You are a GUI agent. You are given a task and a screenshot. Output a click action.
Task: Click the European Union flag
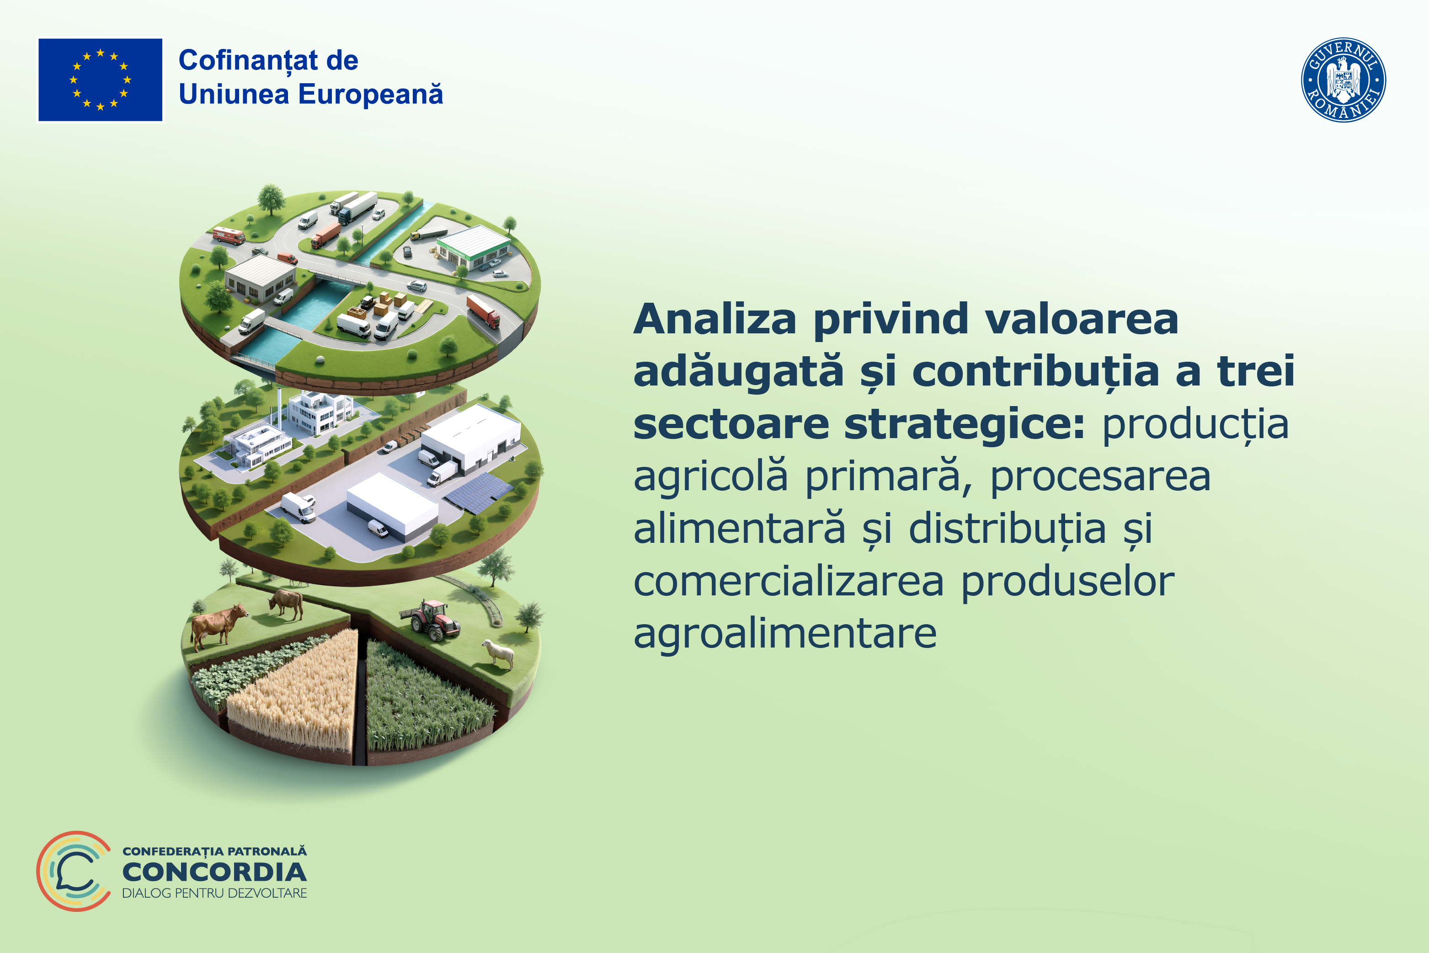point(100,80)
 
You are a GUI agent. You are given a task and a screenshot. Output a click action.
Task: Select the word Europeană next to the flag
point(371,94)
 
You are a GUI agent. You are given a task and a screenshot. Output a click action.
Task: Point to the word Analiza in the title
point(714,319)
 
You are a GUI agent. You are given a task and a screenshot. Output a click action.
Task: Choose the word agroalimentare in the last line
point(785,633)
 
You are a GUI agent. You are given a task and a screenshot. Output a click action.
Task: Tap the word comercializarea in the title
point(789,581)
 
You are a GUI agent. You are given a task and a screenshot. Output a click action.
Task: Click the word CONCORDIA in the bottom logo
point(214,872)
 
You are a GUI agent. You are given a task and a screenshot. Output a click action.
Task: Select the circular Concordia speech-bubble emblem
point(74,871)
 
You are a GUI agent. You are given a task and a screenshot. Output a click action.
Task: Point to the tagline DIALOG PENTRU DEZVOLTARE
point(214,893)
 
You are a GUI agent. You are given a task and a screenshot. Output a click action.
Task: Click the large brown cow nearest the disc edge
point(217,625)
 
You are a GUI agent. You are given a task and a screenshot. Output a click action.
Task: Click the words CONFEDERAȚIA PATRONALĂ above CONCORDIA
point(214,851)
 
